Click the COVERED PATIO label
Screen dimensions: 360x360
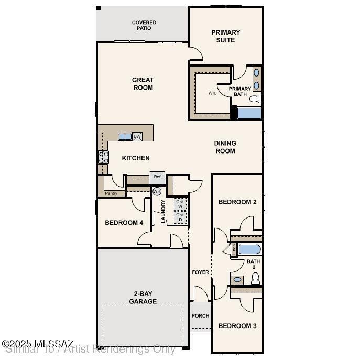(144, 25)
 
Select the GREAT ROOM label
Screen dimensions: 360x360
(143, 84)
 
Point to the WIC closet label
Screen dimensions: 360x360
(212, 93)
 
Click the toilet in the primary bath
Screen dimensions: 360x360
(256, 99)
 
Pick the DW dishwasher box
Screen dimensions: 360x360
(137, 137)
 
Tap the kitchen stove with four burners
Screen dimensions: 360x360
(103, 157)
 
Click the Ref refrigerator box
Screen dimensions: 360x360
(157, 177)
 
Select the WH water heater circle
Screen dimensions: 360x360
(157, 191)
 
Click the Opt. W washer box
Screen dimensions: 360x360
(180, 204)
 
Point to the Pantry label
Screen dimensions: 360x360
(111, 193)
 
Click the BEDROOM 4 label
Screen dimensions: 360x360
(124, 223)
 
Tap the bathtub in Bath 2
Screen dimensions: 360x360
(249, 249)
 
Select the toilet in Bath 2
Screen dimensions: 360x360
(255, 279)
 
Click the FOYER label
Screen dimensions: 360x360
(200, 272)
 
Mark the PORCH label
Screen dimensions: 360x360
(200, 315)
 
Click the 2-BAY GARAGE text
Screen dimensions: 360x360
(143, 298)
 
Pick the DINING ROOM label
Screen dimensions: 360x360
(225, 147)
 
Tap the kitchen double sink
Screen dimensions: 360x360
(125, 137)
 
